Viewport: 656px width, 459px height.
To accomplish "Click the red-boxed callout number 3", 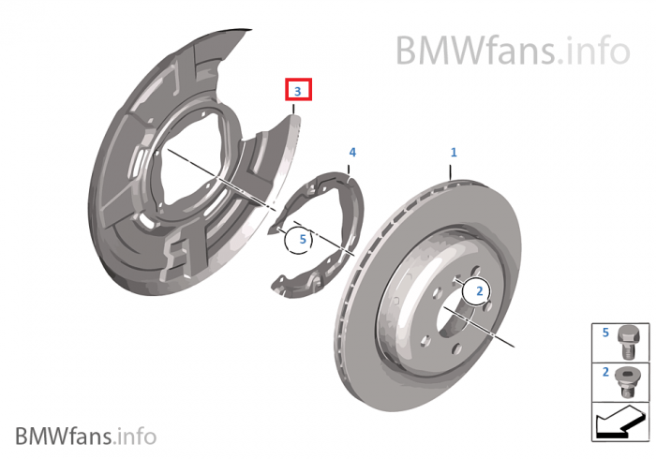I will pos(298,91).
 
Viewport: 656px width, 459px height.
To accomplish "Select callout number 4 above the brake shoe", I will pos(352,152).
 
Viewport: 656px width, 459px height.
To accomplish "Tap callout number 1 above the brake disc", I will pos(454,152).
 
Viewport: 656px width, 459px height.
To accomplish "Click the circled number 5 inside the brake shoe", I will pos(303,240).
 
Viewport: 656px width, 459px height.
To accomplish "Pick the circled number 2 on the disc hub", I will pos(479,292).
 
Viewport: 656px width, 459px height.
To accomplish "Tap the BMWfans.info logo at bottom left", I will pos(85,436).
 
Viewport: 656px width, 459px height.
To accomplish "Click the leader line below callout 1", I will pos(452,170).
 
